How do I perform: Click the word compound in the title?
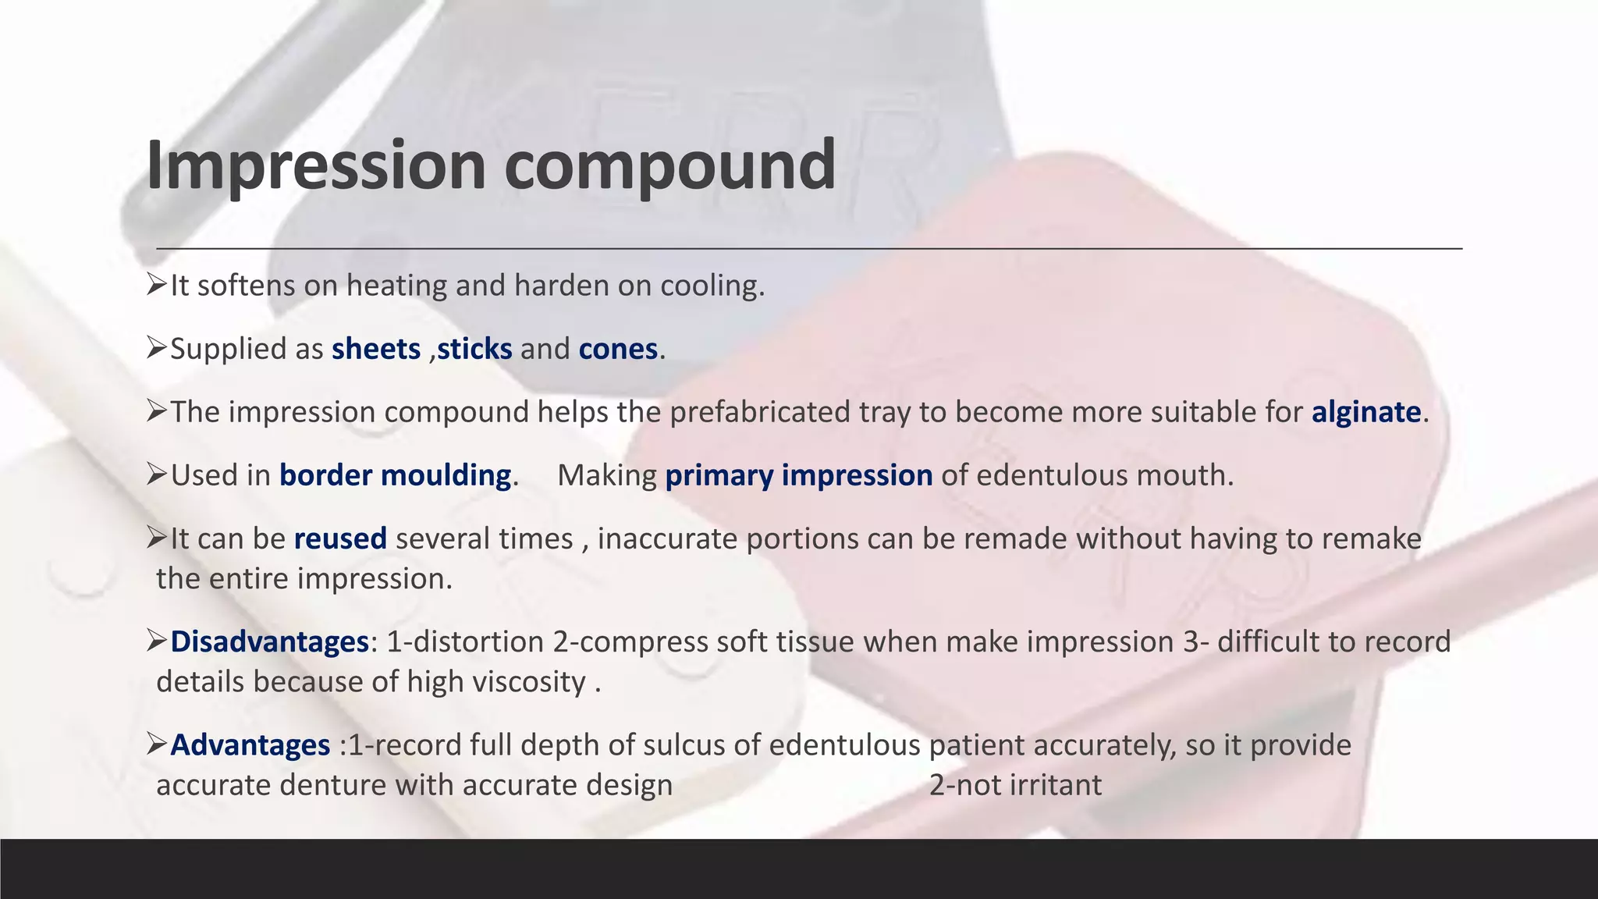pyautogui.click(x=669, y=165)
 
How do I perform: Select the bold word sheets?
pyautogui.click(x=376, y=349)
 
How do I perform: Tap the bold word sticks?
pyautogui.click(x=474, y=349)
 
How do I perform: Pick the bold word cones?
pyautogui.click(x=618, y=349)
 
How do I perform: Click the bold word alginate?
pyautogui.click(x=1366, y=412)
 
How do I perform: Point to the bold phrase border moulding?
pyautogui.click(x=395, y=475)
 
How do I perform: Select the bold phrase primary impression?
pyautogui.click(x=798, y=475)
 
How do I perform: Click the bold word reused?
pyautogui.click(x=340, y=538)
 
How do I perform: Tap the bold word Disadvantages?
pyautogui.click(x=269, y=641)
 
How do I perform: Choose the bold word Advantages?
pyautogui.click(x=250, y=745)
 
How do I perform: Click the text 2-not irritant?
pyautogui.click(x=1015, y=785)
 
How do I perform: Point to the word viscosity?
pyautogui.click(x=537, y=683)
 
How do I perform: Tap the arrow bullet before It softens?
pyautogui.click(x=157, y=285)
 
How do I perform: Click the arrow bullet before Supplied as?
pyautogui.click(x=157, y=348)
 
